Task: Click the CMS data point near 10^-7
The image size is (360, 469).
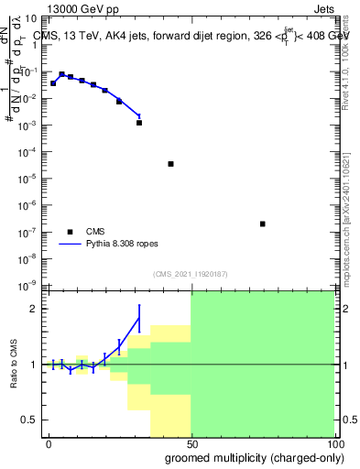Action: click(x=263, y=224)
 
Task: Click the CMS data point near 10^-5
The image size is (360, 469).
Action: click(x=171, y=164)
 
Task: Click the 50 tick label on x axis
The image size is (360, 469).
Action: click(x=191, y=442)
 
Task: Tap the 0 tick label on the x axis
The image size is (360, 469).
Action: click(x=49, y=442)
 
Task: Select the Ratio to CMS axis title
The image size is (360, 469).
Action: click(x=15, y=365)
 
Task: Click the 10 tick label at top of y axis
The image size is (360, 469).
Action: click(x=29, y=17)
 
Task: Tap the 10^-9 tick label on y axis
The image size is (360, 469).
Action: click(x=27, y=287)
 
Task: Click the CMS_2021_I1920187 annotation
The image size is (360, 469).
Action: click(x=190, y=274)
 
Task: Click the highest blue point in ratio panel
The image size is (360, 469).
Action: click(x=139, y=318)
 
